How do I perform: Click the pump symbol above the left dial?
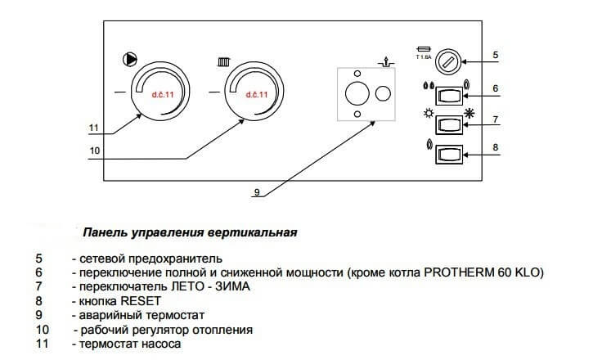coord(129,59)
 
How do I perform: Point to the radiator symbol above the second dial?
coord(222,61)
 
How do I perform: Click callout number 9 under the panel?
coord(256,193)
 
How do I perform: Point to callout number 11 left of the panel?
coord(94,128)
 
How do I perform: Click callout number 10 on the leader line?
coord(95,151)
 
